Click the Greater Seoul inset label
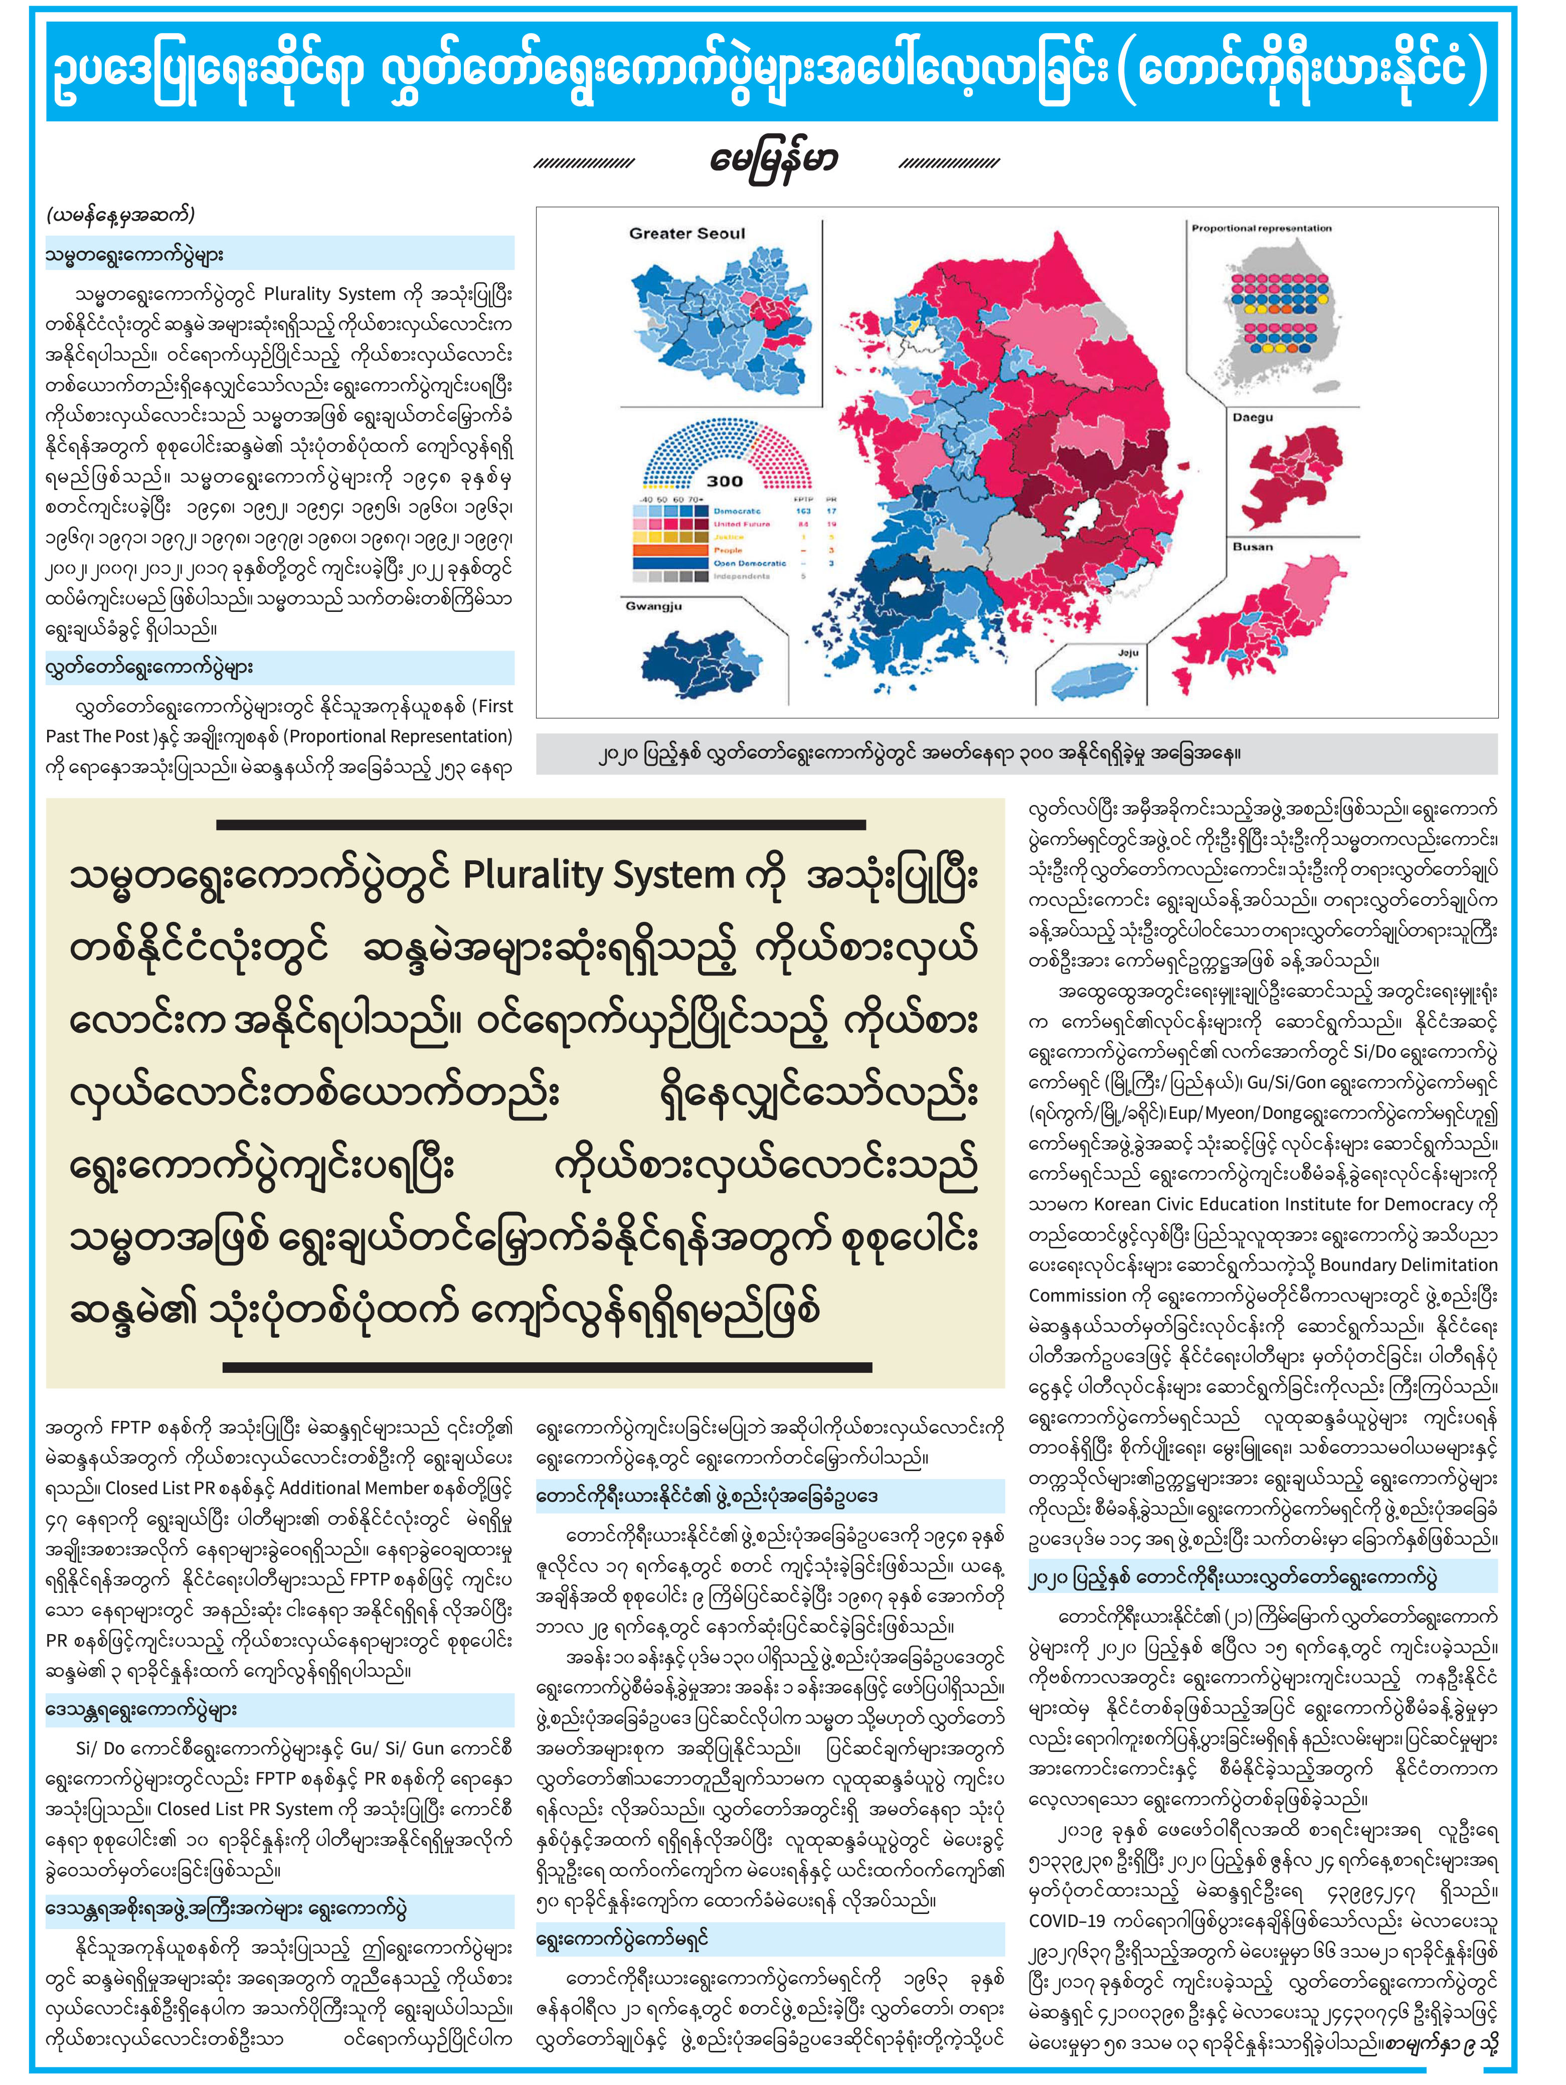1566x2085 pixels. click(x=687, y=234)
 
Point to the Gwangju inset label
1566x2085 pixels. click(x=653, y=606)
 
